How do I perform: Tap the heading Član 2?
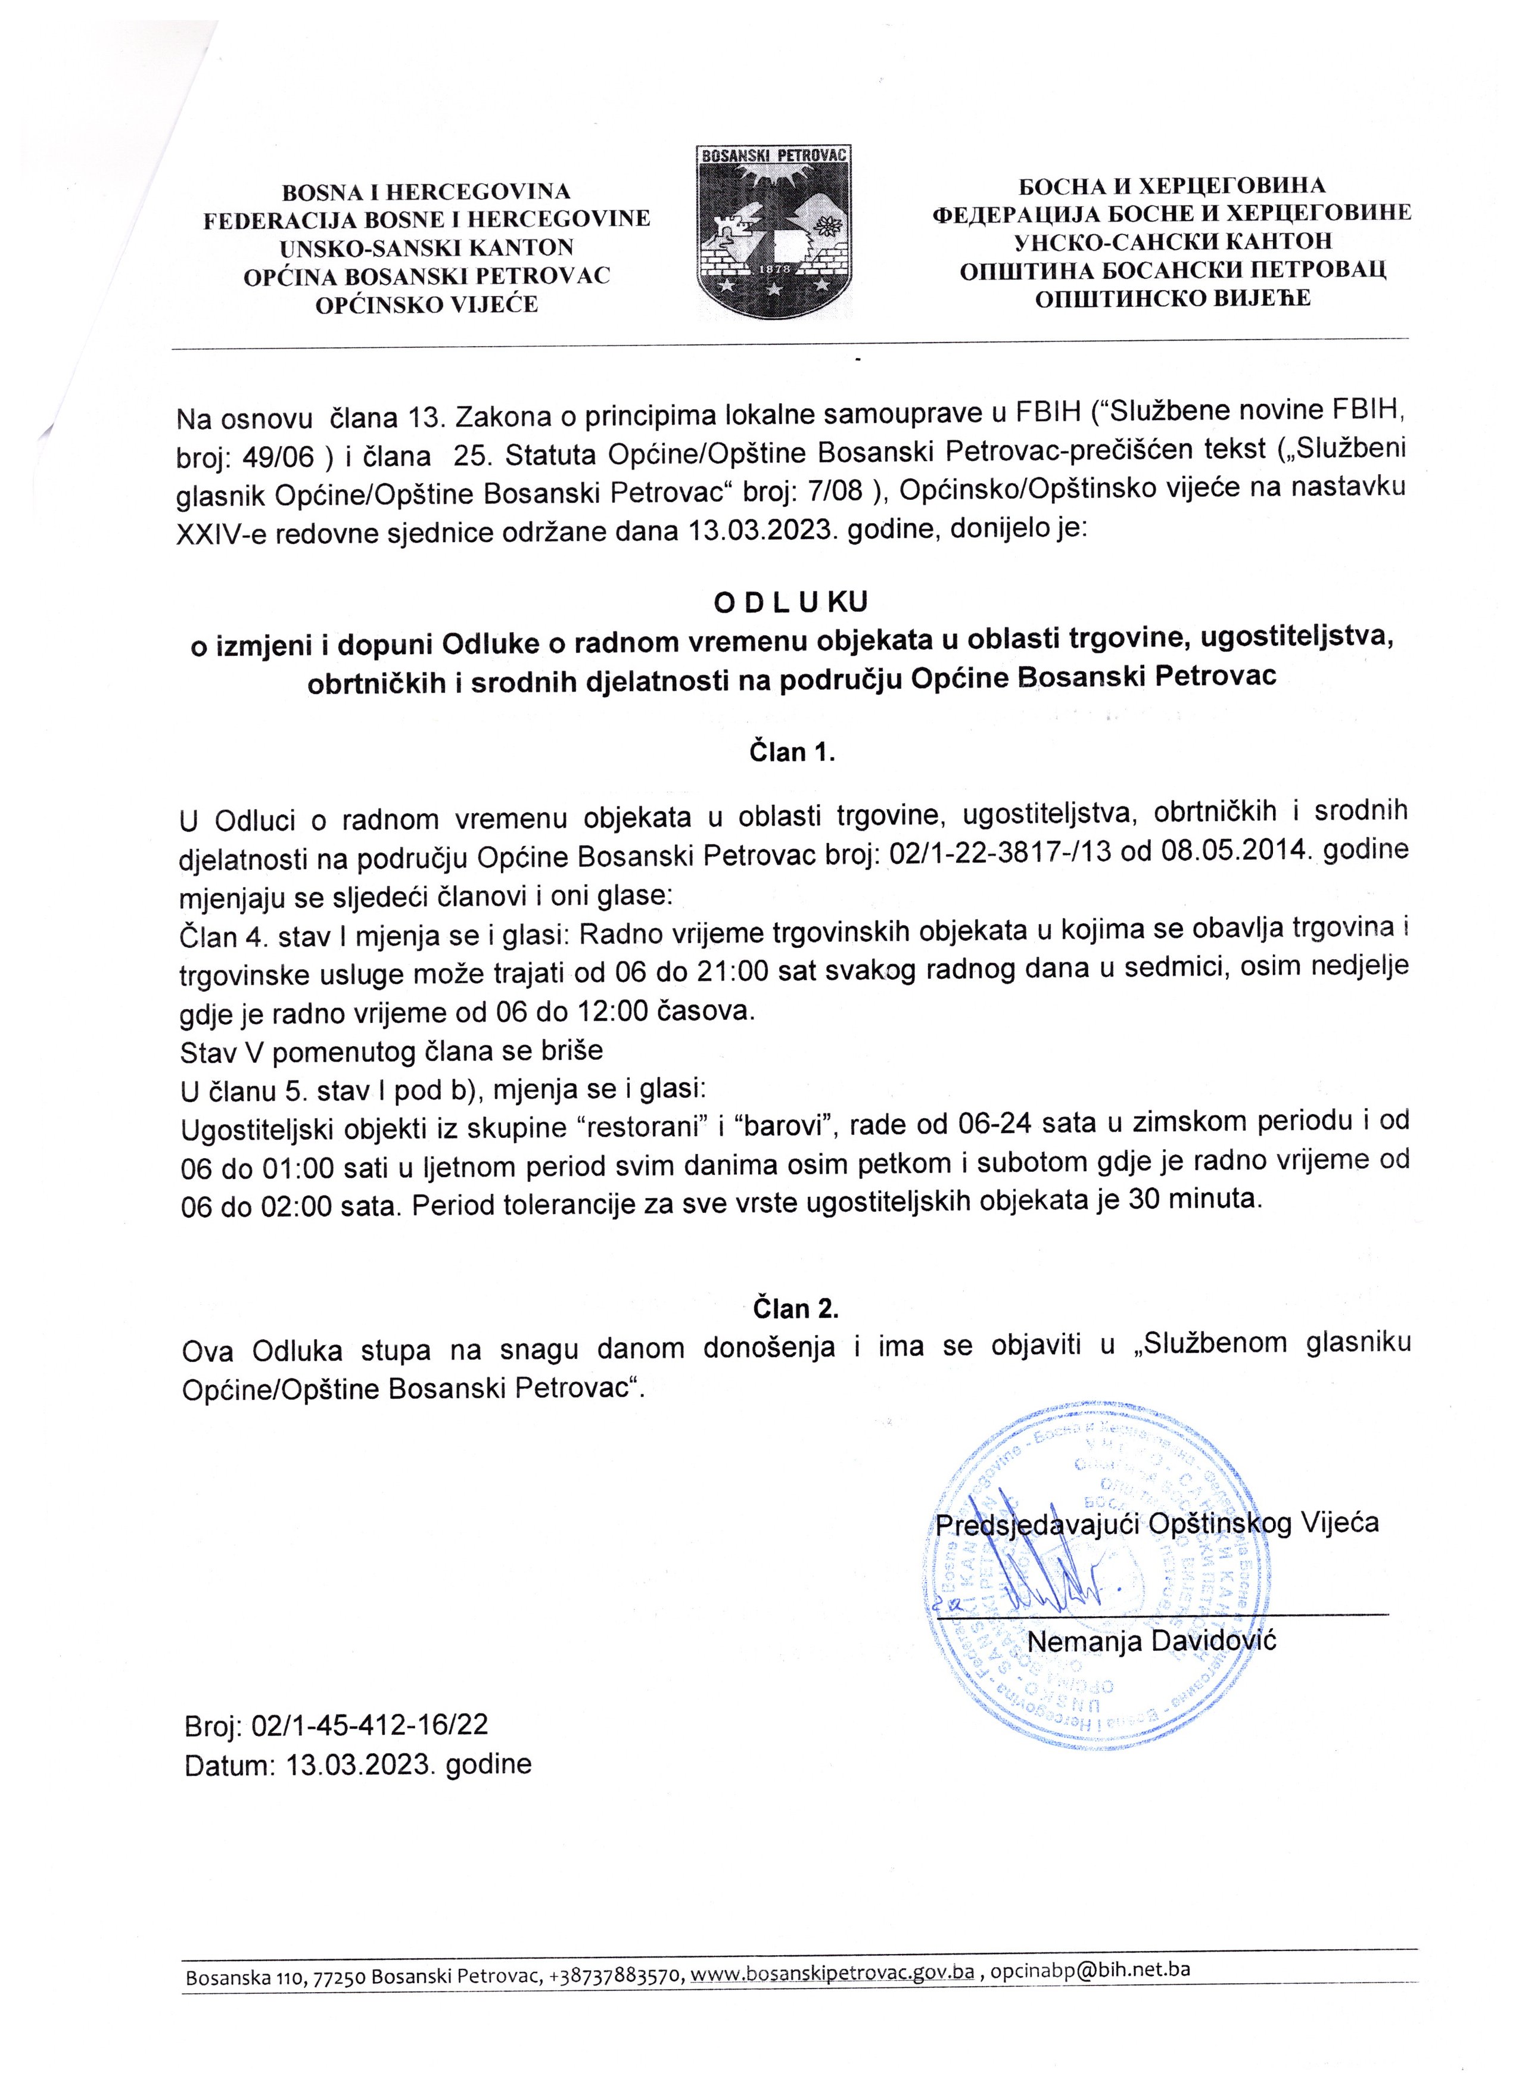point(795,1308)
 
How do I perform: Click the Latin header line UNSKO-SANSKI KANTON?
point(426,247)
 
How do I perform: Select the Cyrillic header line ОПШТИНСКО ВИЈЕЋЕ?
point(1172,298)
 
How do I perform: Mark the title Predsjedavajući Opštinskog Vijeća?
point(1157,1522)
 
